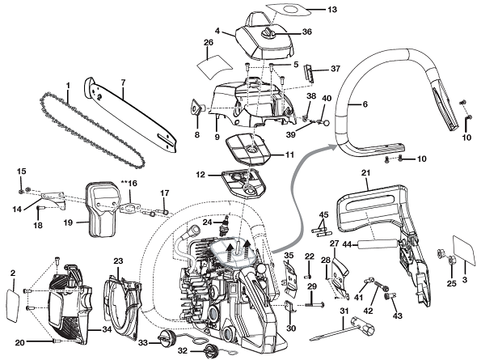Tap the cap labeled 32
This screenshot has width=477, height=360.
212,350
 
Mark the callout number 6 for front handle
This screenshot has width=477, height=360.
365,104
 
